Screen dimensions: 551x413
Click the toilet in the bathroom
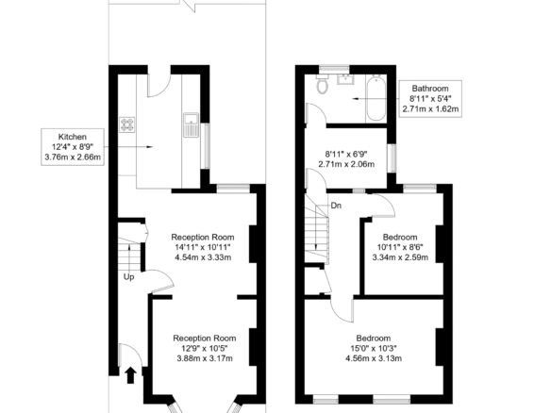(323, 85)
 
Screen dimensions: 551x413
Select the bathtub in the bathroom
(376, 98)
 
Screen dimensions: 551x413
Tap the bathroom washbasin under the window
(346, 80)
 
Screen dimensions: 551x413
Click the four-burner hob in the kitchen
(126, 124)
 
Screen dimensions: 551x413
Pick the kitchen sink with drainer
(192, 124)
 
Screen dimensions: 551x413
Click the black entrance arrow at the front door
(130, 375)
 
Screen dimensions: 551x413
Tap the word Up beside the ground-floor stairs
(128, 277)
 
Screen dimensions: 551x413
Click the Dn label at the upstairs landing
(336, 206)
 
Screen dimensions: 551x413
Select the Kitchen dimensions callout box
(73, 147)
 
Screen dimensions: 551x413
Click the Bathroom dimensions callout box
(430, 98)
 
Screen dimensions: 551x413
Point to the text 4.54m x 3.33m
(203, 257)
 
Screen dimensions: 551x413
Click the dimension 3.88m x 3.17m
(205, 358)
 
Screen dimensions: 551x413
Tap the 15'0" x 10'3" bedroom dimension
(374, 348)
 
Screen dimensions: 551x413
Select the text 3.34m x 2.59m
(400, 257)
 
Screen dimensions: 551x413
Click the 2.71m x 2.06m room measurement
(346, 164)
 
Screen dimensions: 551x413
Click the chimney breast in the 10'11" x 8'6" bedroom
(440, 243)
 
